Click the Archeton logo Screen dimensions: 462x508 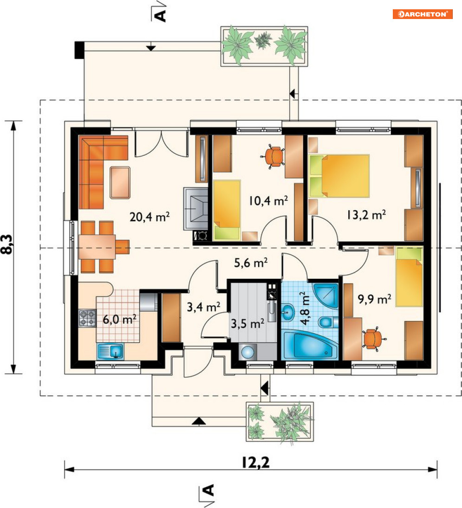[x=423, y=14]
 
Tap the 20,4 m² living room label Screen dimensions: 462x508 [x=150, y=216]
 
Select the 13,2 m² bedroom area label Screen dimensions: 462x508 [x=366, y=214]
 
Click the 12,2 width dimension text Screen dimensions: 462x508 [x=256, y=463]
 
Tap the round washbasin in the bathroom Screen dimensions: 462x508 [x=288, y=312]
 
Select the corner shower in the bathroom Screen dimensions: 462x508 [x=325, y=294]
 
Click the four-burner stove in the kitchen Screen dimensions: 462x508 [x=88, y=318]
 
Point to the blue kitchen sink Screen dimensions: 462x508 [x=110, y=351]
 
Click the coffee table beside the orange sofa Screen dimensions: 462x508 [x=120, y=182]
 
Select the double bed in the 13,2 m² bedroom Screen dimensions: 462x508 [x=339, y=176]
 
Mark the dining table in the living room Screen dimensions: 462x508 [x=97, y=246]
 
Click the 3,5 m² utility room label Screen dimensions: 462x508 [x=247, y=323]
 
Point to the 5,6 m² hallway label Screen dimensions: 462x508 [x=251, y=263]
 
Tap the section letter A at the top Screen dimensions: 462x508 [x=161, y=15]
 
